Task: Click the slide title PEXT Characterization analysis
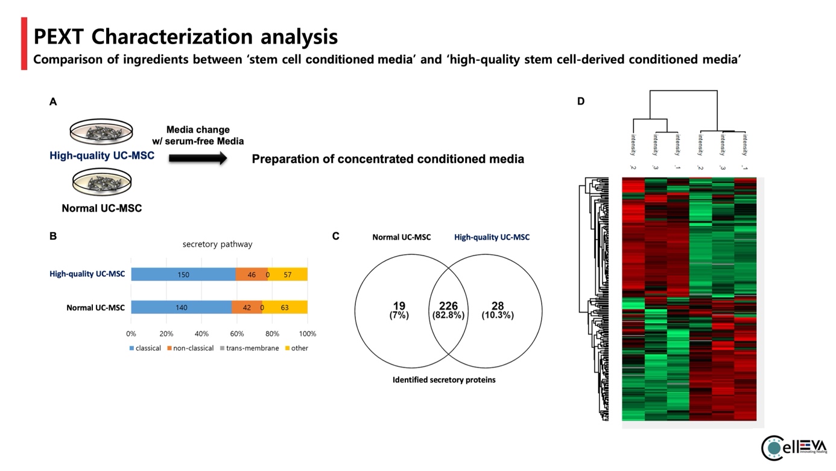click(x=185, y=37)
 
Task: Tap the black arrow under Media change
click(x=198, y=159)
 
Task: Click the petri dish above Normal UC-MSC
click(x=101, y=183)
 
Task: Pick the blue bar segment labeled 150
click(x=183, y=275)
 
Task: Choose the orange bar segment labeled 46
click(x=252, y=275)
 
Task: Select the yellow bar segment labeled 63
click(x=285, y=307)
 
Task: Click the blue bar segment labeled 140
click(x=181, y=307)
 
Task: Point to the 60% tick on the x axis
click(x=237, y=333)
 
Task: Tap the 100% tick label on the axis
click(x=308, y=333)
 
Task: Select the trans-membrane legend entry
click(x=249, y=348)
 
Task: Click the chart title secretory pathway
click(x=217, y=245)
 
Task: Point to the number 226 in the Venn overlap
click(x=448, y=306)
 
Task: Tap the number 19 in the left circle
click(x=399, y=306)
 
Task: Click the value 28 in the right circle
click(x=498, y=306)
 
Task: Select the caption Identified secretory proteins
click(x=444, y=380)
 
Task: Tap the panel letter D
click(x=581, y=101)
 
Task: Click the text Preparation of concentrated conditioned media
click(x=388, y=159)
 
